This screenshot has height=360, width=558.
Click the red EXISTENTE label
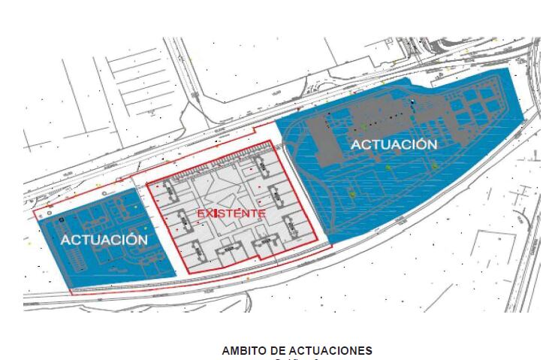coord(231,213)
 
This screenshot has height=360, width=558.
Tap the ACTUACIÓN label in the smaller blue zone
coord(104,239)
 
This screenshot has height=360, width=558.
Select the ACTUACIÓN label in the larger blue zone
coord(393,144)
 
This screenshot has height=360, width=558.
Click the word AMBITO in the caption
coord(243,351)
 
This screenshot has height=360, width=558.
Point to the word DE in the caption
coord(275,351)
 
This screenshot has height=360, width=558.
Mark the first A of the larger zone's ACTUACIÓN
coord(357,144)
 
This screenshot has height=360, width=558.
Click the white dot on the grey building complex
coord(412,101)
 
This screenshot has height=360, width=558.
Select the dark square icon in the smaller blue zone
coord(59,219)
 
